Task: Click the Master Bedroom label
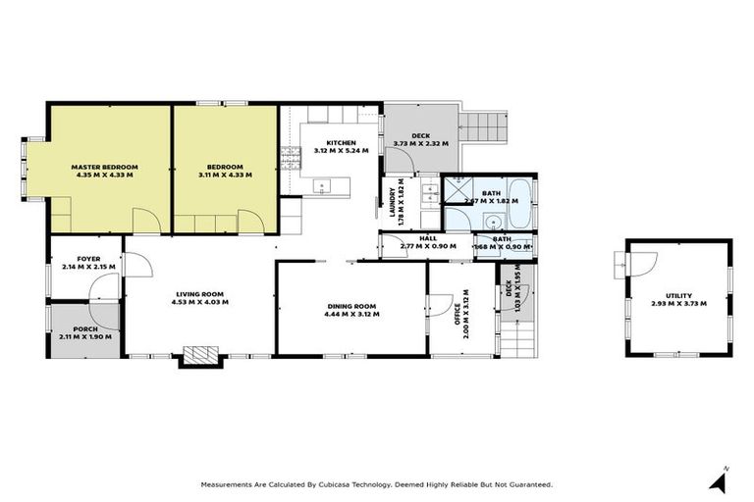pyautogui.click(x=105, y=168)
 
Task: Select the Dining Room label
pyautogui.click(x=351, y=307)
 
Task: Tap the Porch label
pyautogui.click(x=85, y=328)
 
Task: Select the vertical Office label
pyautogui.click(x=458, y=321)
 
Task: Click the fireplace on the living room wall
pyautogui.click(x=200, y=356)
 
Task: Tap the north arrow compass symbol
pyautogui.click(x=722, y=480)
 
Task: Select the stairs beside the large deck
pyautogui.click(x=485, y=125)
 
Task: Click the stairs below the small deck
pyautogui.click(x=518, y=339)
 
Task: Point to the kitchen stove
pyautogui.click(x=290, y=156)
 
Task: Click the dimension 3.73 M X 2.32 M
pyautogui.click(x=420, y=143)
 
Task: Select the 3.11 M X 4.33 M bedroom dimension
pyautogui.click(x=224, y=175)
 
